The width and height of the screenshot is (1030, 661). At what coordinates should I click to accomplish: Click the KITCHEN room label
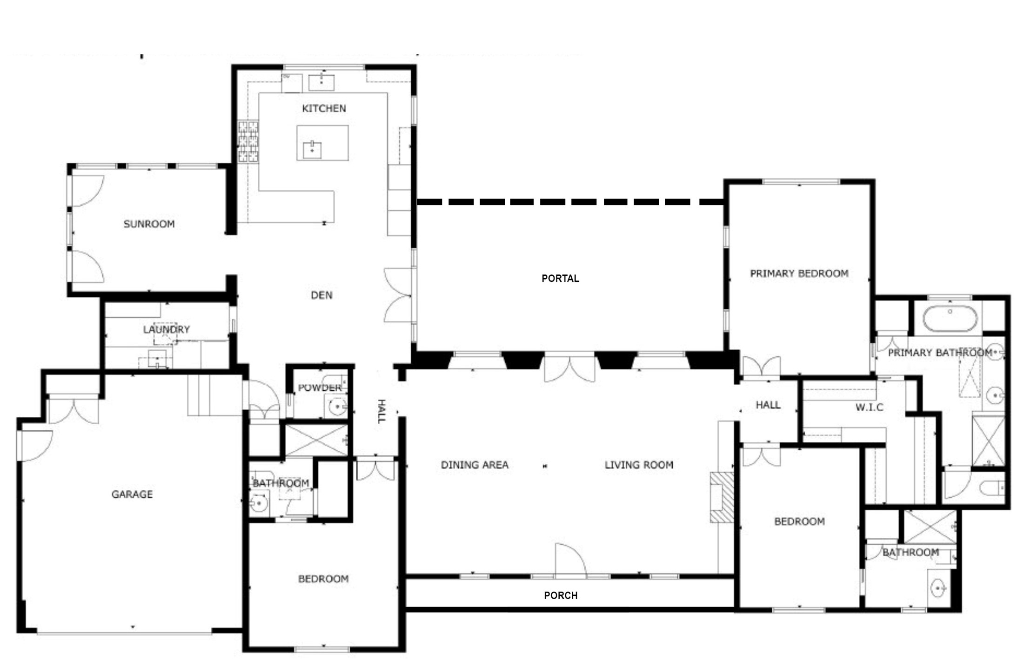(324, 108)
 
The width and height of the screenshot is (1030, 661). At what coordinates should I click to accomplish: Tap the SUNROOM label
(149, 224)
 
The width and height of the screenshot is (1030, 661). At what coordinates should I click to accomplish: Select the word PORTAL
(560, 278)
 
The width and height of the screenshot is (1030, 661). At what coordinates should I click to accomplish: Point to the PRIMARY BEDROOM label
(799, 273)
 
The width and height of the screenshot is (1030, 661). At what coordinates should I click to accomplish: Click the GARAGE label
(132, 494)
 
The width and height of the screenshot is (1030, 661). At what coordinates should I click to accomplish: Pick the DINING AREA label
(475, 465)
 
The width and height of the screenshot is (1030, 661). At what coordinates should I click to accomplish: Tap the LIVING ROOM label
(639, 465)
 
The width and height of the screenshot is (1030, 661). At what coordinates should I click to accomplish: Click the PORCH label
(561, 595)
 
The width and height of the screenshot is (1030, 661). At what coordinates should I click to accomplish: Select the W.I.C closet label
(869, 407)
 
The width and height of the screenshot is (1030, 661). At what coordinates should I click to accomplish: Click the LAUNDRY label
(166, 329)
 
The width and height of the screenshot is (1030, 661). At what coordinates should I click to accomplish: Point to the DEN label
(321, 295)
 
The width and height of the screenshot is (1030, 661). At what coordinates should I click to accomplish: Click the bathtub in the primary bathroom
(950, 318)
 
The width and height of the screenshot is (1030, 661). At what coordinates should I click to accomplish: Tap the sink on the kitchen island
(312, 150)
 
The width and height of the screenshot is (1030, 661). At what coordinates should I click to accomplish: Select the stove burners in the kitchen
(248, 141)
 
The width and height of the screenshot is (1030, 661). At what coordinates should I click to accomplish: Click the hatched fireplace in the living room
(722, 497)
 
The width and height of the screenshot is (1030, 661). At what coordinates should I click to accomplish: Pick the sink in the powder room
(337, 407)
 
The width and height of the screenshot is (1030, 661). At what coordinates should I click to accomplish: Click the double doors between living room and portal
(569, 367)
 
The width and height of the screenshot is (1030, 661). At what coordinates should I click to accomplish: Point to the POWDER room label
(320, 387)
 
